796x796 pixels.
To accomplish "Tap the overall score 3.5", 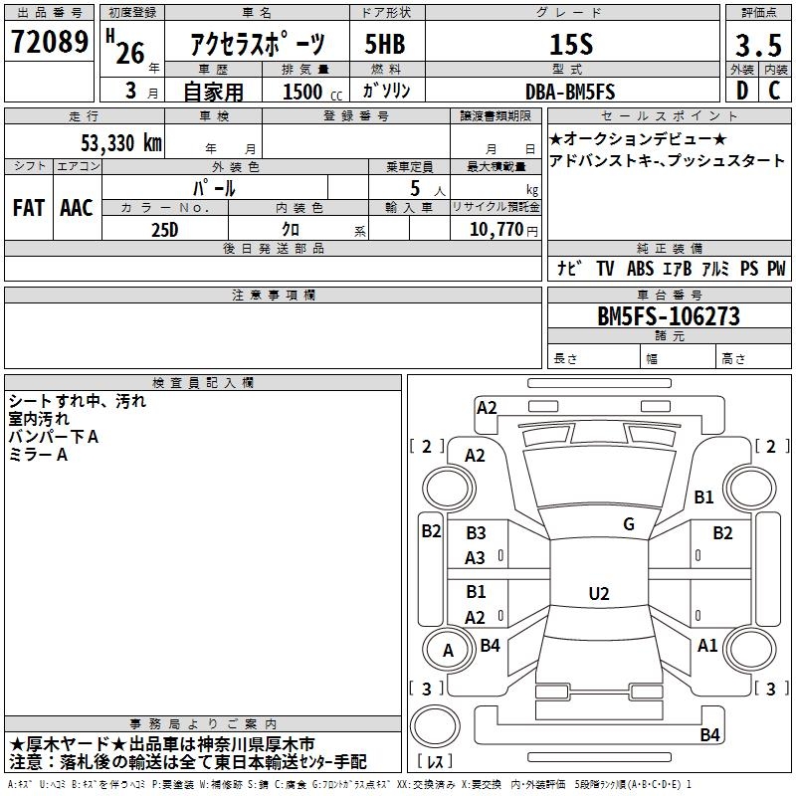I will (x=757, y=44).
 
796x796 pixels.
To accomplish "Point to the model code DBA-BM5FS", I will (x=570, y=92).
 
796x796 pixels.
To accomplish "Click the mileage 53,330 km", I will (x=121, y=142).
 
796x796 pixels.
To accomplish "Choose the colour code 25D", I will (x=165, y=229).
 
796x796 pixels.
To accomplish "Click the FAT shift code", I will (x=28, y=208).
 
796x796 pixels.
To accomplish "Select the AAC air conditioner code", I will (x=77, y=208).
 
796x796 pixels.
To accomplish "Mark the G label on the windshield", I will (x=628, y=524).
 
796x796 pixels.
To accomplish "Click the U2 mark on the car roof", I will (x=598, y=594).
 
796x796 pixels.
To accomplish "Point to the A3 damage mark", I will (x=476, y=558).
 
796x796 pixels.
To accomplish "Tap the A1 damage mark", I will (x=707, y=646).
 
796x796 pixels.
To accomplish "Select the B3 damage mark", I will (x=476, y=533).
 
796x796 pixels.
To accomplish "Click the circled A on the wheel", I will (x=448, y=651).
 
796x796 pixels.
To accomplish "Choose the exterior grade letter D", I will (x=741, y=92).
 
